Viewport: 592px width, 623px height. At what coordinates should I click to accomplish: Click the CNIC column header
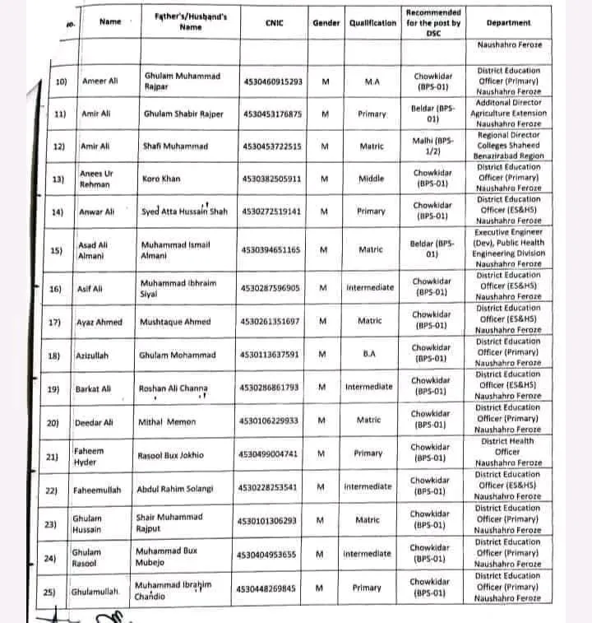pyautogui.click(x=274, y=23)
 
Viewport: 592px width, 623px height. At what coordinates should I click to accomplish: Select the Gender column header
pyautogui.click(x=326, y=23)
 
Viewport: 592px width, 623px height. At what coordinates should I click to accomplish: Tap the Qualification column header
pyautogui.click(x=372, y=23)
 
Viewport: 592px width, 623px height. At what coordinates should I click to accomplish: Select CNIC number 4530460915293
pyautogui.click(x=273, y=82)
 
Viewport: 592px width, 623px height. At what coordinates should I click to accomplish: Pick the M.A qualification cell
pyautogui.click(x=371, y=82)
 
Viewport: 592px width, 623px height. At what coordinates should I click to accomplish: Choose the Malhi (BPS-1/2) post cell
pyautogui.click(x=432, y=146)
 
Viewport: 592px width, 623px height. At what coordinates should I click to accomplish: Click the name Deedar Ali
pyautogui.click(x=95, y=421)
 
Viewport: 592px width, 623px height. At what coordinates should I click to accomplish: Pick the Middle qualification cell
pyautogui.click(x=371, y=179)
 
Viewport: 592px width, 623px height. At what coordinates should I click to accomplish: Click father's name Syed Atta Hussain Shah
pyautogui.click(x=184, y=212)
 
